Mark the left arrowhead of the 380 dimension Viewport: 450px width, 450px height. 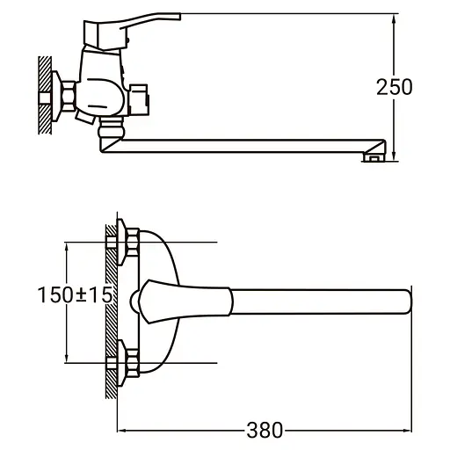122,430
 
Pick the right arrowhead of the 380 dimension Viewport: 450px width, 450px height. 405,430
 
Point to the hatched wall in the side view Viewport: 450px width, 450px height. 44,92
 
